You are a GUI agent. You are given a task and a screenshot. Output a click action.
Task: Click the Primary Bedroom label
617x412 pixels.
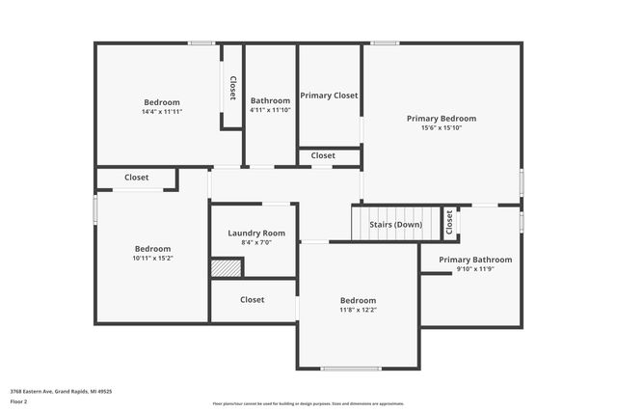(441, 119)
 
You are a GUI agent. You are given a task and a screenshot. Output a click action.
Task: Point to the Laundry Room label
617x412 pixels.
(255, 233)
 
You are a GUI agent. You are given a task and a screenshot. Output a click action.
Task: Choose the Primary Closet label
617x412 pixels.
(329, 96)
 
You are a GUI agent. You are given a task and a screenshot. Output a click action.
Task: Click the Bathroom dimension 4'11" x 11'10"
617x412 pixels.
(270, 110)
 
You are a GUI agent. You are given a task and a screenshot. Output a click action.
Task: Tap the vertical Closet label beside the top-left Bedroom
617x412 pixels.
(232, 88)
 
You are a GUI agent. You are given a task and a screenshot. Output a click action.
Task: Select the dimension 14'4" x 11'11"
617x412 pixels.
(161, 112)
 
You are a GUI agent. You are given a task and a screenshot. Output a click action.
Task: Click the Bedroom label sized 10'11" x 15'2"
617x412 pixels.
(152, 248)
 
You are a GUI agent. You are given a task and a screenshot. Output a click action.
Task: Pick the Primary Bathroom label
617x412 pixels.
(475, 260)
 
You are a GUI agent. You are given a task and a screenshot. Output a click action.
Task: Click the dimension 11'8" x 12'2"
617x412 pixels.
(358, 310)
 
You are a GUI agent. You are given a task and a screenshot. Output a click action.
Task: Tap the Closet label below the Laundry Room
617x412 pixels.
(253, 300)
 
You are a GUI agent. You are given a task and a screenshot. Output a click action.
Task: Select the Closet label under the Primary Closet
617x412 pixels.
(323, 155)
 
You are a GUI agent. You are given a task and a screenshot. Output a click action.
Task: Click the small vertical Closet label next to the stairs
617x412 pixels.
(449, 224)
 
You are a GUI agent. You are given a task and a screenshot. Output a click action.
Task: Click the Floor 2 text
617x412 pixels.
(18, 401)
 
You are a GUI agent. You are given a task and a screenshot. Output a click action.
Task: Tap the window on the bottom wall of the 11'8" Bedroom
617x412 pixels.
(351, 369)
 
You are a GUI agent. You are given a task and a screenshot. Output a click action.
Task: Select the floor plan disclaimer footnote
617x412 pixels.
(308, 403)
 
